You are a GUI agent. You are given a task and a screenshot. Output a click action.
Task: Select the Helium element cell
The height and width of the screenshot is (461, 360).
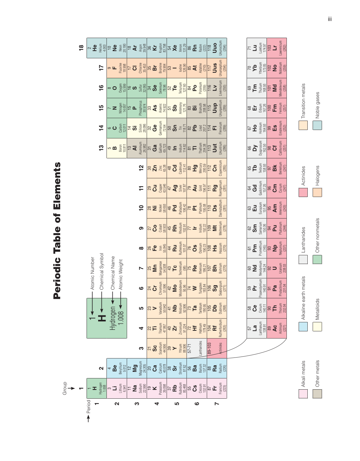97,48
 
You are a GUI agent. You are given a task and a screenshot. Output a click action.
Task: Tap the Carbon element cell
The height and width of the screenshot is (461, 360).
117,128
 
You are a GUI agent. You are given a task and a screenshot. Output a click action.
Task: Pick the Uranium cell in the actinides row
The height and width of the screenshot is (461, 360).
277,268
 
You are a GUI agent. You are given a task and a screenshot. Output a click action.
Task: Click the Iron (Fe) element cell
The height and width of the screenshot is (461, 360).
157,248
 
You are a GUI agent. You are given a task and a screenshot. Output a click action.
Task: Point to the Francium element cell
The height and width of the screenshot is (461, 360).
217,388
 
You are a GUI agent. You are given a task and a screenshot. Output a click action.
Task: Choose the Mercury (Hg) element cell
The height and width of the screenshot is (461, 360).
197,168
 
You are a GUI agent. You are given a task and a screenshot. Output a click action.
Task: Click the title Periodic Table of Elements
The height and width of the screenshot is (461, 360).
57,231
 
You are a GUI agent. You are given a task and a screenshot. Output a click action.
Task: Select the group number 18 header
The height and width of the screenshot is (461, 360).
81,48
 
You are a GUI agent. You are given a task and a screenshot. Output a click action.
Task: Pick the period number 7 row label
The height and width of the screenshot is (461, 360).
217,404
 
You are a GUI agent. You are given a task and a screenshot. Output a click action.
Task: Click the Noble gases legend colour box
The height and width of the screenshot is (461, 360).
317,125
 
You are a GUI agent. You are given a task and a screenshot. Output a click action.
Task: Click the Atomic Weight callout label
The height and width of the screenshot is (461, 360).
121,275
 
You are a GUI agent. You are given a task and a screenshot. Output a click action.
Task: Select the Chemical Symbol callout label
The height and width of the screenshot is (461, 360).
102,271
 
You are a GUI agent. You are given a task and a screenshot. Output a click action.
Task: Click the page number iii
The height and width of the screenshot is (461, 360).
330,19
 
